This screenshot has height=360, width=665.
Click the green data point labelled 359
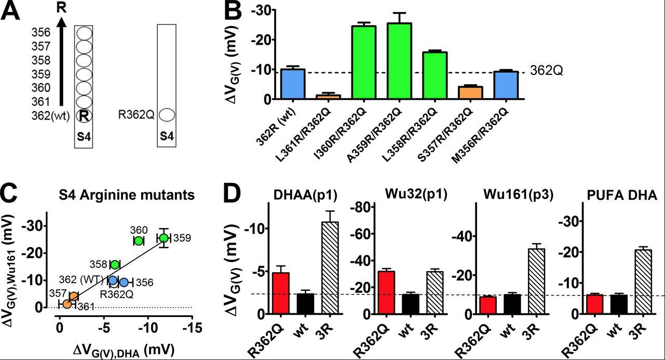click(x=164, y=238)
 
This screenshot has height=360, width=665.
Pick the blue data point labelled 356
click(x=124, y=282)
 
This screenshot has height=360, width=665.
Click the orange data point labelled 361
click(x=67, y=303)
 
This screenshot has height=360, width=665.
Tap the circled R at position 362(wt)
click(x=83, y=115)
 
